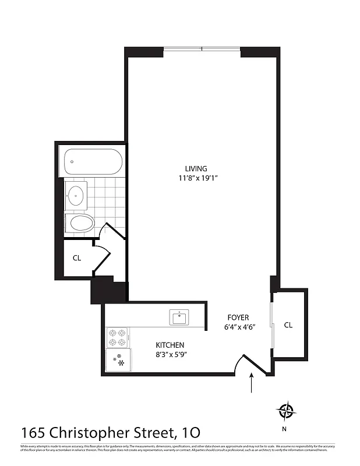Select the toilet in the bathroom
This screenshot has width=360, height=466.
click(80, 223)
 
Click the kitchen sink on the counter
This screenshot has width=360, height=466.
click(179, 318)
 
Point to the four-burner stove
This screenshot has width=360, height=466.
click(117, 337)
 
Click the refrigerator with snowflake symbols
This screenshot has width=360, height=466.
click(118, 360)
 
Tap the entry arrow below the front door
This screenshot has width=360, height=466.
click(252, 384)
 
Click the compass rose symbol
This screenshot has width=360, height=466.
click(286, 411)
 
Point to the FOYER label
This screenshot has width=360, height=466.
click(238, 317)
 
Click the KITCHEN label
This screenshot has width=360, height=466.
click(170, 345)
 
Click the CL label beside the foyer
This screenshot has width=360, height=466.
click(288, 325)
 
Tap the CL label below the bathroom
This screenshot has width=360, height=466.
click(76, 257)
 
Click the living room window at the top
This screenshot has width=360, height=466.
click(202, 48)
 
